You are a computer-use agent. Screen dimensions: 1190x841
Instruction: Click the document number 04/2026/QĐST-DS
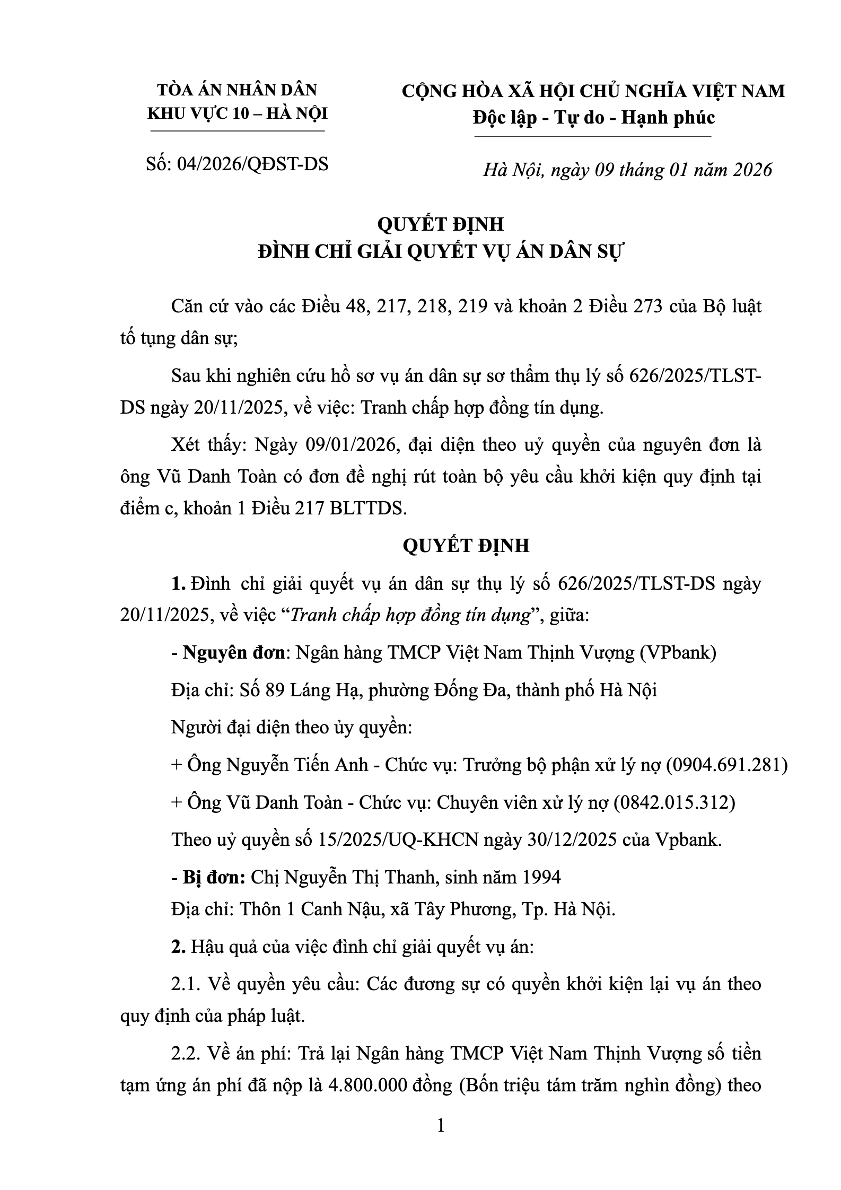pyautogui.click(x=252, y=164)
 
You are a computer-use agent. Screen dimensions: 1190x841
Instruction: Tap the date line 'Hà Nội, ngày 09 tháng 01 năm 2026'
pyautogui.click(x=627, y=170)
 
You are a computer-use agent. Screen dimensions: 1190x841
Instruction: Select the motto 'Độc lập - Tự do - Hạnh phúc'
pyautogui.click(x=594, y=117)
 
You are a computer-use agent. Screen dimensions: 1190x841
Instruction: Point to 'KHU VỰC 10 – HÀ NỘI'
pyautogui.click(x=237, y=113)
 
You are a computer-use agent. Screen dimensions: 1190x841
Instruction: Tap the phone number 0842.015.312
pyautogui.click(x=674, y=802)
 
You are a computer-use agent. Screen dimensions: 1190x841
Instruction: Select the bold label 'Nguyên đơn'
pyautogui.click(x=234, y=652)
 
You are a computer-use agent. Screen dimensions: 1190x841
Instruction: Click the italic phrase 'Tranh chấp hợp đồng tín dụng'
pyautogui.click(x=411, y=615)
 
